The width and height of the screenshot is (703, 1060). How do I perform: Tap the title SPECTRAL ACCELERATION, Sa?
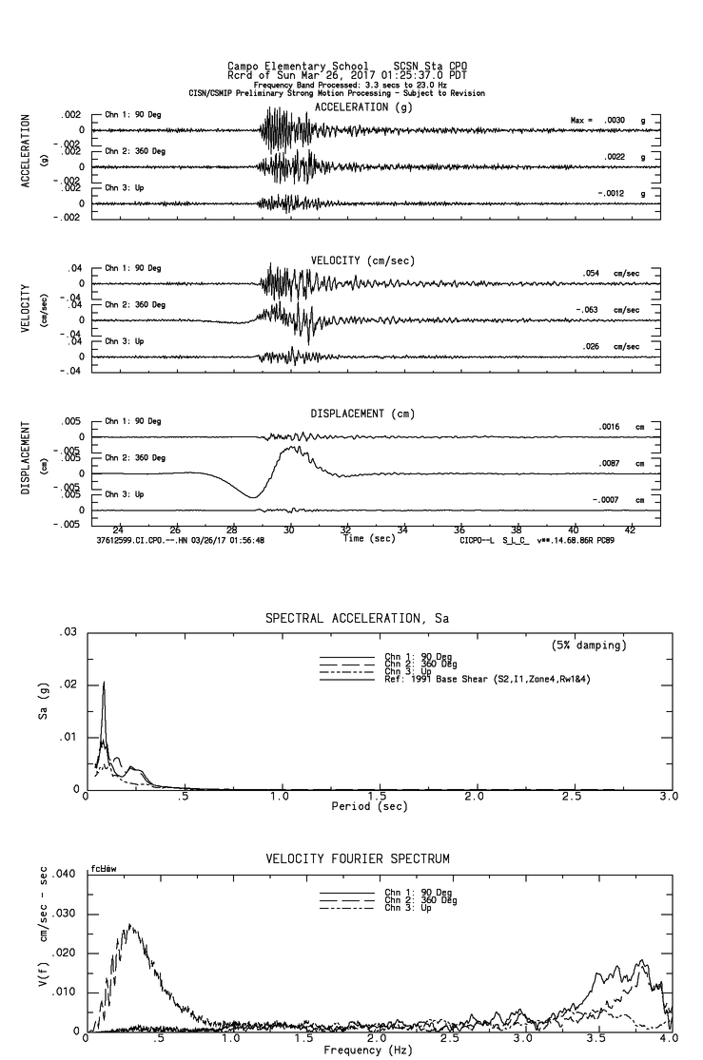[357, 618]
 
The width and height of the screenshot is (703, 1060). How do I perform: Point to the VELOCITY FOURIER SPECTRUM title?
[357, 859]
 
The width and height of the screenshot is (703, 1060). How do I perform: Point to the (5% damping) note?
[589, 646]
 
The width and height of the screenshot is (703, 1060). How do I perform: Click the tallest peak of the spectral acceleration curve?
[104, 682]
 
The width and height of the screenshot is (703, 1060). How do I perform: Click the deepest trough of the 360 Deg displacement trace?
[252, 496]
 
